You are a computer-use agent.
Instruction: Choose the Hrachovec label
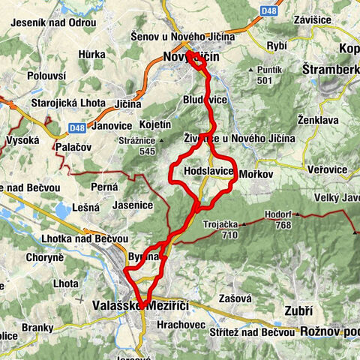coord(172,325)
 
